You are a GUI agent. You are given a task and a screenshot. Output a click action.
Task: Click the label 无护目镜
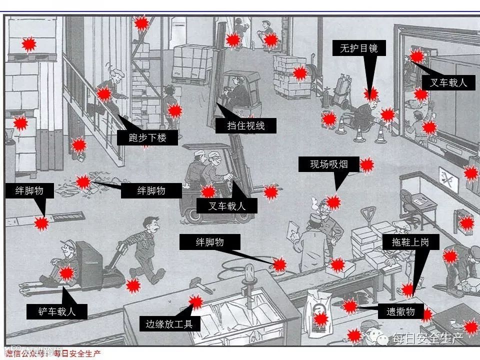tap(358, 48)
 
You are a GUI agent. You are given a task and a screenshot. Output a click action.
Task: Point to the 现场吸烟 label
tap(328, 164)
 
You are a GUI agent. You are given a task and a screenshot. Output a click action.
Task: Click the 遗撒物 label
tap(400, 311)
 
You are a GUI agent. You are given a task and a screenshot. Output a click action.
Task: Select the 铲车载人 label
tap(57, 312)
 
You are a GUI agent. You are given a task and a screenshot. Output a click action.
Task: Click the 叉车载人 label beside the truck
tap(448, 82)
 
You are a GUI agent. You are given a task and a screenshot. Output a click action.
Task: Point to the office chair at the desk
tap(409, 203)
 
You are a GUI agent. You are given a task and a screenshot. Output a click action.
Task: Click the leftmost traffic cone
tap(341, 125)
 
